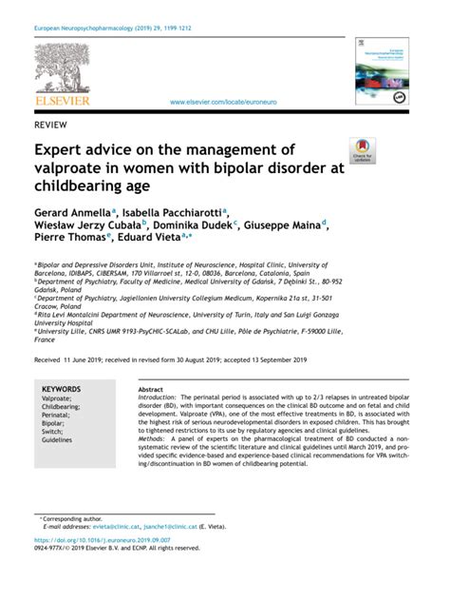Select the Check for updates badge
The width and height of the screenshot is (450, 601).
click(363, 153)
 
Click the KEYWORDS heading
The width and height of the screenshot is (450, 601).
click(66, 390)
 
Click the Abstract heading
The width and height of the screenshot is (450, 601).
click(152, 390)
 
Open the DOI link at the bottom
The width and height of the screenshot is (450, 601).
click(103, 539)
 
